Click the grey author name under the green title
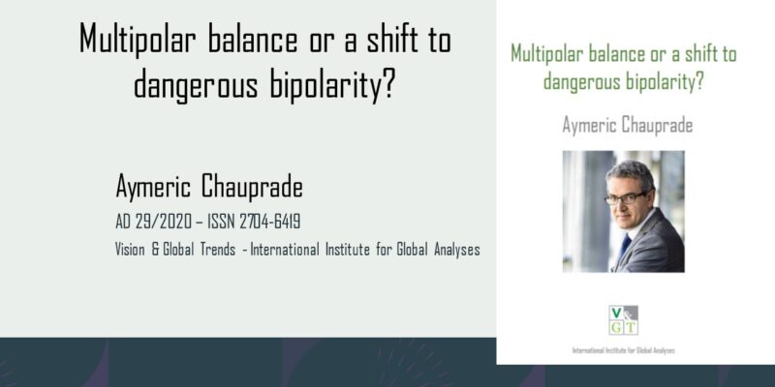pos(627,125)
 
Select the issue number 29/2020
pos(163,223)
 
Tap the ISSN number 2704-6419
pos(270,223)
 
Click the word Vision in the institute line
pos(130,250)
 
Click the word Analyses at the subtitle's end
pos(456,251)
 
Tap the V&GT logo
pos(623,320)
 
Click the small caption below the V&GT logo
pos(623,351)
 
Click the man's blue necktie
pos(624,246)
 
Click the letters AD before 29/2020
pos(123,223)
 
